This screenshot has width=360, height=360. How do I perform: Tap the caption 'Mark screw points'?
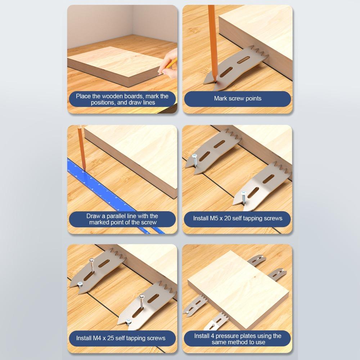click(x=238, y=98)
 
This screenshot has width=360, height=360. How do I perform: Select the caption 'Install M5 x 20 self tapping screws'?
click(x=238, y=218)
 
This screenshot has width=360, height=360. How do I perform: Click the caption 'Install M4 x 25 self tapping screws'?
click(x=121, y=338)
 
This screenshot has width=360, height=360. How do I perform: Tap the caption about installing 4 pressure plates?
click(x=238, y=339)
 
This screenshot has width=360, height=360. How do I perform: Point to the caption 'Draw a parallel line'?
click(x=122, y=219)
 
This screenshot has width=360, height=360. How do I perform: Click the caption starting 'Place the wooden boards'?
click(x=122, y=99)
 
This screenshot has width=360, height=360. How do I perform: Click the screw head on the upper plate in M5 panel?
click(x=194, y=156)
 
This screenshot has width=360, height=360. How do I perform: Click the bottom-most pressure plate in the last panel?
click(x=216, y=322)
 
